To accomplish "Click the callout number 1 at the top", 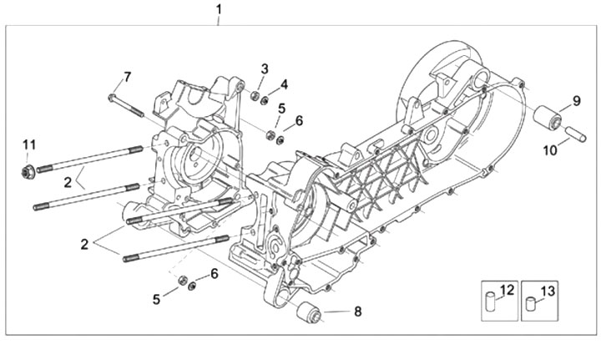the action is pos(219,9).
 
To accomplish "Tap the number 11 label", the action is pos(29,145).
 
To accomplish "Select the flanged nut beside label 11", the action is pos(28,171).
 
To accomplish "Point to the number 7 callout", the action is pos(127,77).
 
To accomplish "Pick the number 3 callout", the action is pos(265,69).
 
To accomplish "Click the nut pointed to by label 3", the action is pos(254,95).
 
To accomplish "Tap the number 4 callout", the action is pos(284,84).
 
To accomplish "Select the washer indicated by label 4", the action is pos(264,101).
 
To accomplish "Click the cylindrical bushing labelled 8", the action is pos(310,312).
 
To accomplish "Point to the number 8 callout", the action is pos(357,312).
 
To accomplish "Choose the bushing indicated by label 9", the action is pos(548,118).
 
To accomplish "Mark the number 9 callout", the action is pos(577,101).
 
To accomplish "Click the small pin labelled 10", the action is pos(576,134).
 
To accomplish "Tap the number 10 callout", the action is pos(550,150).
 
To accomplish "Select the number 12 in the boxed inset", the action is pos(507,290).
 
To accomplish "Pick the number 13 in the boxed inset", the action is pos(548,292).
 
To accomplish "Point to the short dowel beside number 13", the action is pos(531,304).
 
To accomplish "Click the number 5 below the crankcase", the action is pos(156,299).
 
